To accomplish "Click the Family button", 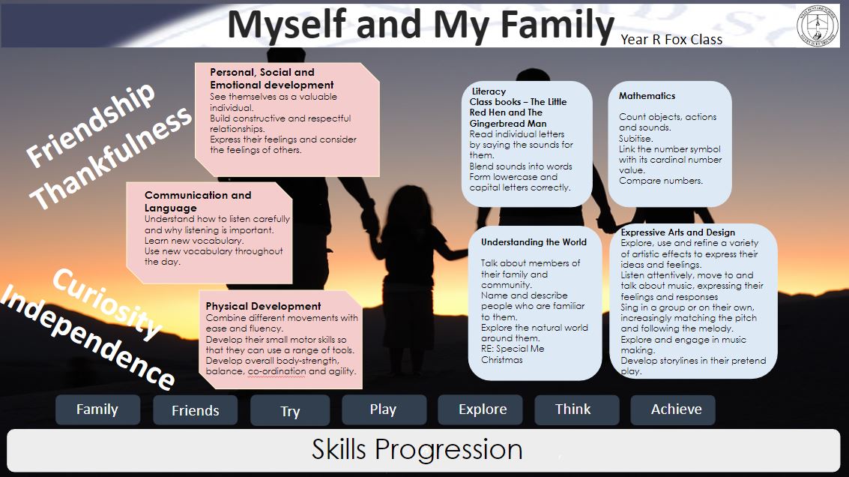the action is coord(97,409).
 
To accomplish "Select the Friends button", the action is coord(195,410).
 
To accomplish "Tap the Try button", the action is coord(290,411).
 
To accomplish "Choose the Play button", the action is coord(384,409).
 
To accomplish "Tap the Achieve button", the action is coord(673,409).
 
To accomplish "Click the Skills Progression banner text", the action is coord(417,450).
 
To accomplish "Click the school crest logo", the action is coord(818,25).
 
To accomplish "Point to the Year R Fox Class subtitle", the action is coord(671,40).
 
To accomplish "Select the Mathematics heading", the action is coord(647,96).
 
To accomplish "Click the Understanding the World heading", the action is coord(534,242).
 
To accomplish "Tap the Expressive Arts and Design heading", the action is coord(678,232).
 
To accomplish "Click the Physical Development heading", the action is coord(263,306).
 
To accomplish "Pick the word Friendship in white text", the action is coord(91,124).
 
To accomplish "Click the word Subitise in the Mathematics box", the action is coord(635,139).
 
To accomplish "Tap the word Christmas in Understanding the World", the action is coord(502,360).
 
